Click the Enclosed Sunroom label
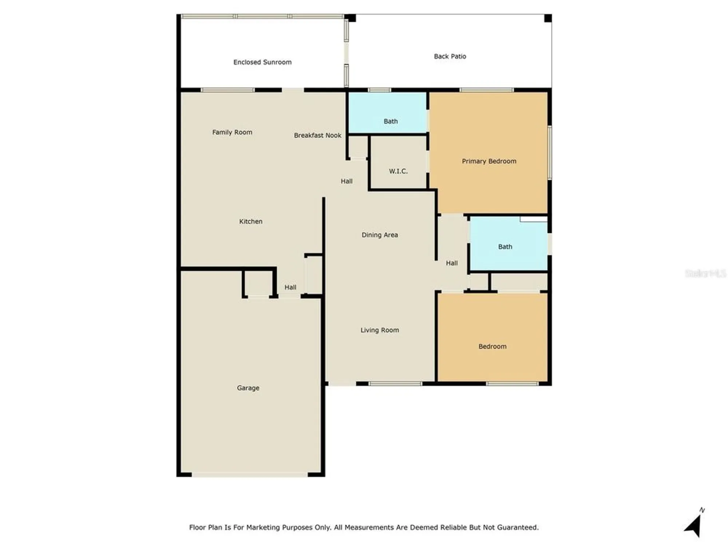[x=262, y=62]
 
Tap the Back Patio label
[x=450, y=56]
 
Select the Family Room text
[x=232, y=132]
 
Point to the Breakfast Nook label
[x=317, y=135]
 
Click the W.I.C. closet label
[x=398, y=171]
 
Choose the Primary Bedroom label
[x=489, y=161]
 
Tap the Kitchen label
[x=250, y=221]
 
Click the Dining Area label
[x=380, y=235]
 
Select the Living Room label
[x=380, y=330]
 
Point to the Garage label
[x=248, y=388]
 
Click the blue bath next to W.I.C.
[x=391, y=122]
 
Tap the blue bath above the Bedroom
[x=505, y=247]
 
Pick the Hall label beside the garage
[x=290, y=288]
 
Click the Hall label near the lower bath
[x=452, y=263]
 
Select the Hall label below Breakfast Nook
[x=347, y=181]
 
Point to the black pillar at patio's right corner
[x=548, y=18]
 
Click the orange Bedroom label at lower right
[x=492, y=347]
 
